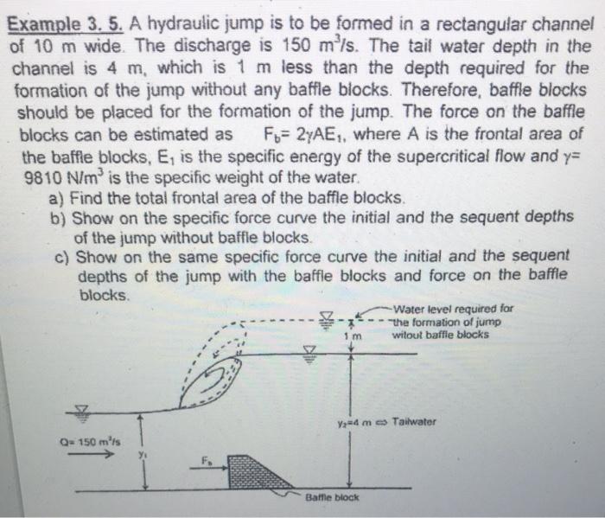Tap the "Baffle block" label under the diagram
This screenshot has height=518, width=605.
click(x=331, y=498)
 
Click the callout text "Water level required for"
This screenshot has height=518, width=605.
click(x=452, y=307)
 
